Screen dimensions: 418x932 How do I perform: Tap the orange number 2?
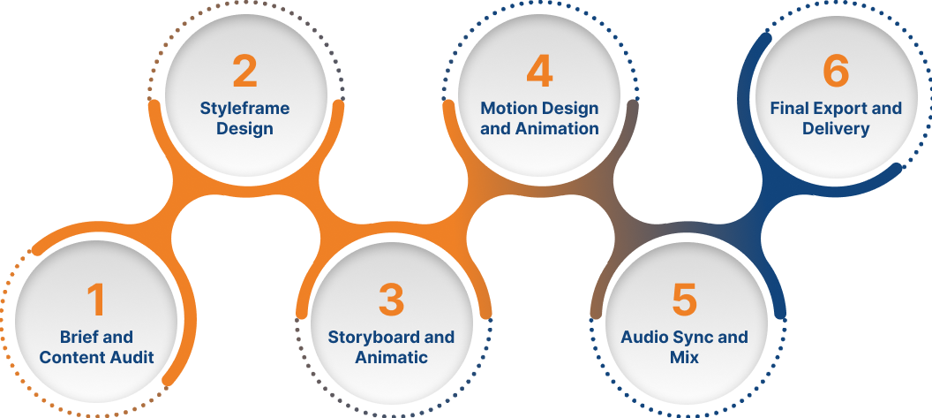pos(244,72)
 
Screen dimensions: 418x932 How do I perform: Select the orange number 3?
pos(391,300)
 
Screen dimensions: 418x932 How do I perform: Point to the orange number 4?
pos(539,72)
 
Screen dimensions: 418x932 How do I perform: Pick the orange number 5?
pos(684,300)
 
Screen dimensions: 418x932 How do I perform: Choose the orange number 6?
pos(836,72)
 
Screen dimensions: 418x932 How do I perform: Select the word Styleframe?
pos(244,108)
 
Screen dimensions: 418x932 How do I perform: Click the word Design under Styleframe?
pos(244,128)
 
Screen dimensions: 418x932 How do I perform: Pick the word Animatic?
pos(391,357)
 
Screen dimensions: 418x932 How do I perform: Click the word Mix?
pos(684,357)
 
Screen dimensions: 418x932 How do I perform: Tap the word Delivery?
pos(836,128)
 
